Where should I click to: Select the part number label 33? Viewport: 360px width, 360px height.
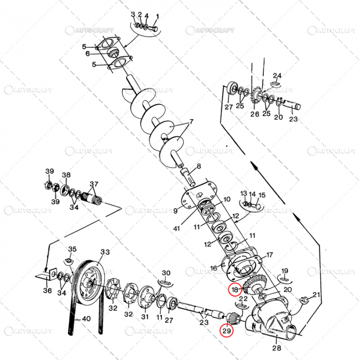coord(105,253)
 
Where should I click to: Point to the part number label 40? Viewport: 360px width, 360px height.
coord(86,319)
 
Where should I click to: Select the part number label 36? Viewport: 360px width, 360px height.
coord(47,291)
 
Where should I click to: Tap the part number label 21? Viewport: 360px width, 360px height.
coord(316,295)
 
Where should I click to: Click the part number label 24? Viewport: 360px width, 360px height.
coord(277,76)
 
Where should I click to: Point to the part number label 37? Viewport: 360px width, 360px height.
coord(94,184)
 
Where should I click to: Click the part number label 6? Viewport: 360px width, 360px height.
coord(88,53)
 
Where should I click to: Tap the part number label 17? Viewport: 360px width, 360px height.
coord(269,255)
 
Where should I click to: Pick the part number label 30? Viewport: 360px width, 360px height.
coord(166,273)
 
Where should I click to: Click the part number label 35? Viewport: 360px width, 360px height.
coord(73,249)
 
